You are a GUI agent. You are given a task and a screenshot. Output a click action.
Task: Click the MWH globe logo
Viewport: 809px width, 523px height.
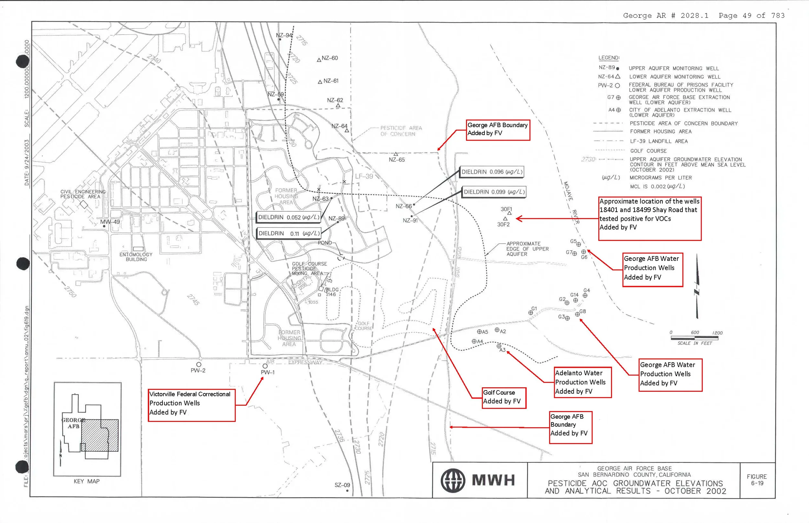pyautogui.click(x=452, y=480)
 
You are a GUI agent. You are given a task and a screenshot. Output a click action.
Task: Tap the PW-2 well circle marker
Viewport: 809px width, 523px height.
pyautogui.click(x=199, y=364)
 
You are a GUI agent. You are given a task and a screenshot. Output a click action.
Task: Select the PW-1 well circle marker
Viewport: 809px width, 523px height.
pyautogui.click(x=265, y=366)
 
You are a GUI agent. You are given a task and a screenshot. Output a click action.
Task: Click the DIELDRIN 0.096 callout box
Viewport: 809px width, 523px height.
pyautogui.click(x=492, y=172)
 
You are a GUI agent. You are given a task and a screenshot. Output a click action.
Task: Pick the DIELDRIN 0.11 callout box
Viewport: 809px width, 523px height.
pyautogui.click(x=289, y=233)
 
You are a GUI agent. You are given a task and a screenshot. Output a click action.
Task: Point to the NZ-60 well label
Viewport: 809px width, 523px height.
pyautogui.click(x=330, y=58)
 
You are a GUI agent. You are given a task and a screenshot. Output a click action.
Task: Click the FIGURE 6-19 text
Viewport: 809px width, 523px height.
pyautogui.click(x=757, y=480)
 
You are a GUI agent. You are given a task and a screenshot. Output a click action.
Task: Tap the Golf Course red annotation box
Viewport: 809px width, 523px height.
pyautogui.click(x=504, y=397)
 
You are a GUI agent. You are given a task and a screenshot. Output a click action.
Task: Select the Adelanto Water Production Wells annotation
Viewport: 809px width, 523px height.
pyautogui.click(x=582, y=382)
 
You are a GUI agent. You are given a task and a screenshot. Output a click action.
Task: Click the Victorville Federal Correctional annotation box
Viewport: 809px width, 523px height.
pyautogui.click(x=191, y=405)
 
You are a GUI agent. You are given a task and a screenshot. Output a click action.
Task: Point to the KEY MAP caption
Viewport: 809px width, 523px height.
pyautogui.click(x=87, y=481)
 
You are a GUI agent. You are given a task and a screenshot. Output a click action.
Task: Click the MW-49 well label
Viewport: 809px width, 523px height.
pyautogui.click(x=110, y=222)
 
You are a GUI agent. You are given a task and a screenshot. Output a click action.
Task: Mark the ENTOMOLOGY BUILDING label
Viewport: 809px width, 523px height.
pyautogui.click(x=136, y=257)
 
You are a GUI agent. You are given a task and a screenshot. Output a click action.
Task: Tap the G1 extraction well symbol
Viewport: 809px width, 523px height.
pyautogui.click(x=531, y=313)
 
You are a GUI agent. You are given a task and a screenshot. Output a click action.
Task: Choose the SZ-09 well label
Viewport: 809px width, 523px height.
pyautogui.click(x=342, y=485)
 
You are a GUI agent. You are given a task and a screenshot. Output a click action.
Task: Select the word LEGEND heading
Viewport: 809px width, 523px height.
pyautogui.click(x=609, y=58)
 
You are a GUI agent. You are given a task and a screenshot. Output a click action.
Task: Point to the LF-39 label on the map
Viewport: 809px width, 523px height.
pyautogui.click(x=364, y=176)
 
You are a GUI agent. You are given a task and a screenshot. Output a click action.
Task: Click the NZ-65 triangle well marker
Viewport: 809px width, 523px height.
pyautogui.click(x=396, y=154)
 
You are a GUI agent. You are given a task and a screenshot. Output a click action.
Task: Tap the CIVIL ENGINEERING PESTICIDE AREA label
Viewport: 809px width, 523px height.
pyautogui.click(x=83, y=194)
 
